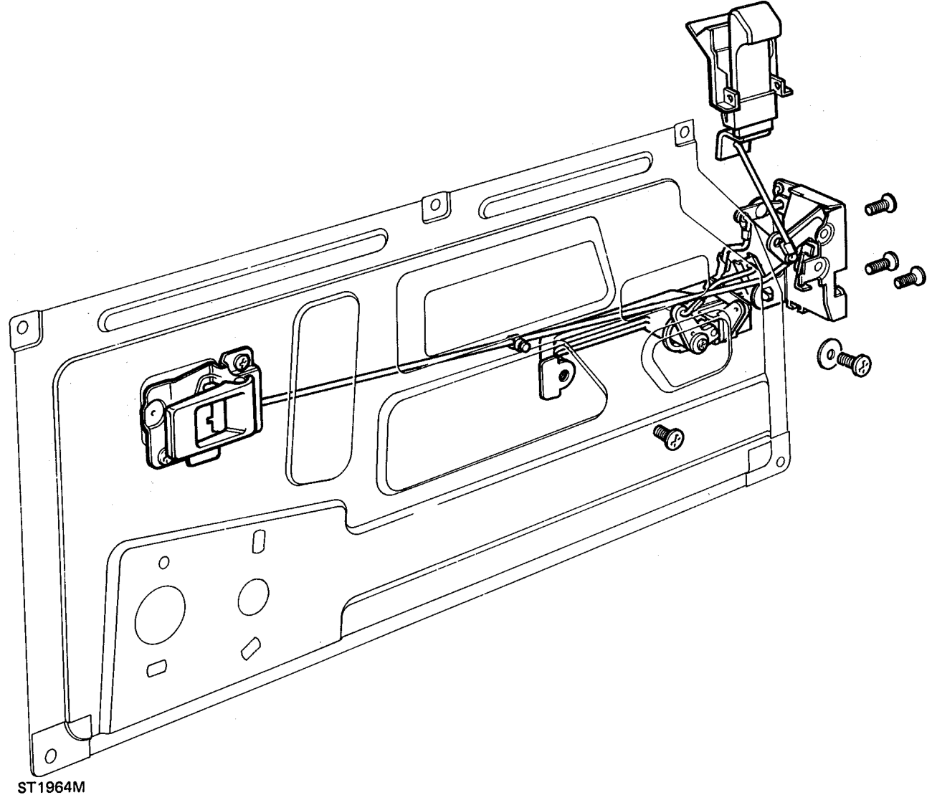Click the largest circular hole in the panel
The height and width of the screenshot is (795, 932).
pos(160,614)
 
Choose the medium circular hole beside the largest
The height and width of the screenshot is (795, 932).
pos(253,597)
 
